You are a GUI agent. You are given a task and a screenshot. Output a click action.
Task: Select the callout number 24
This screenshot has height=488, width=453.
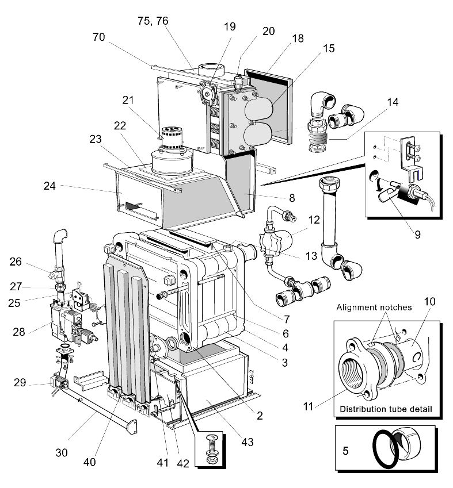tap(51, 186)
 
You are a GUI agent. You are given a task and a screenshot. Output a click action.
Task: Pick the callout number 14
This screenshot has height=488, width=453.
tap(393, 103)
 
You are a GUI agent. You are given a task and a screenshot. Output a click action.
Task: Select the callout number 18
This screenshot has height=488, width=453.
tap(298, 38)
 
